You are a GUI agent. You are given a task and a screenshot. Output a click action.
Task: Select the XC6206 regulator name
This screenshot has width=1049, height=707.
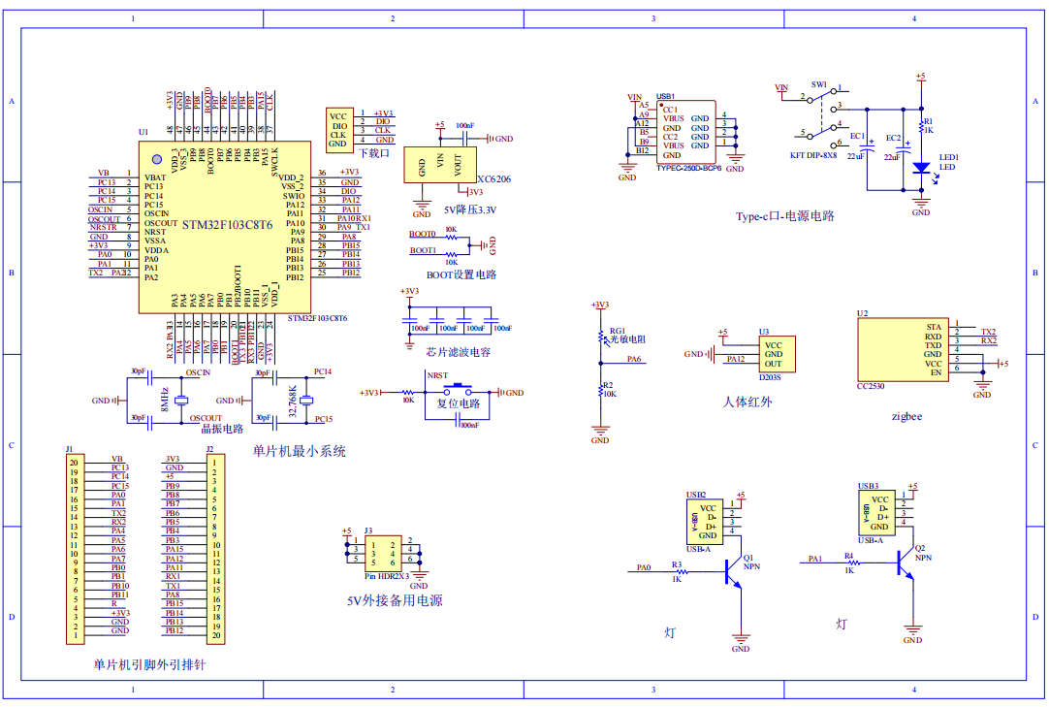pyautogui.click(x=494, y=180)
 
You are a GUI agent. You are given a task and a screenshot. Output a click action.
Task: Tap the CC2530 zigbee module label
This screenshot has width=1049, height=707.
pyautogui.click(x=869, y=386)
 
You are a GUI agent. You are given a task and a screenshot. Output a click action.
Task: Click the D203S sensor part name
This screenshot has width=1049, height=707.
pyautogui.click(x=770, y=378)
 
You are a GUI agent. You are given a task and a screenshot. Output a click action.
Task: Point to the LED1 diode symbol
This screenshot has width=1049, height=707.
pyautogui.click(x=920, y=167)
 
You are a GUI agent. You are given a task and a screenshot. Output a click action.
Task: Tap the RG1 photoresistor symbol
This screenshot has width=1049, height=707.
pyautogui.click(x=600, y=337)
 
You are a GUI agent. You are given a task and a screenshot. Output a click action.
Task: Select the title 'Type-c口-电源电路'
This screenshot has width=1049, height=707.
pyautogui.click(x=784, y=216)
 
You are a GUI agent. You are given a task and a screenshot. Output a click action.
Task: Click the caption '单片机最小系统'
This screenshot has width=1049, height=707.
pyautogui.click(x=299, y=451)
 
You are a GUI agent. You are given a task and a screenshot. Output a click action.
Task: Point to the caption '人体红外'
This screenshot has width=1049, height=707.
pyautogui.click(x=747, y=401)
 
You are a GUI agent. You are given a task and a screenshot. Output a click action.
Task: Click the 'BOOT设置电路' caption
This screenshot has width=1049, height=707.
pyautogui.click(x=461, y=274)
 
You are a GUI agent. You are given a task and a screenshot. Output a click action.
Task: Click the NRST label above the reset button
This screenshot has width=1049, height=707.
pyautogui.click(x=437, y=374)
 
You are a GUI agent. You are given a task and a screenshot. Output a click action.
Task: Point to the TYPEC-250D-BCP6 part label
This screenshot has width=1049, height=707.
pyautogui.click(x=689, y=168)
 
